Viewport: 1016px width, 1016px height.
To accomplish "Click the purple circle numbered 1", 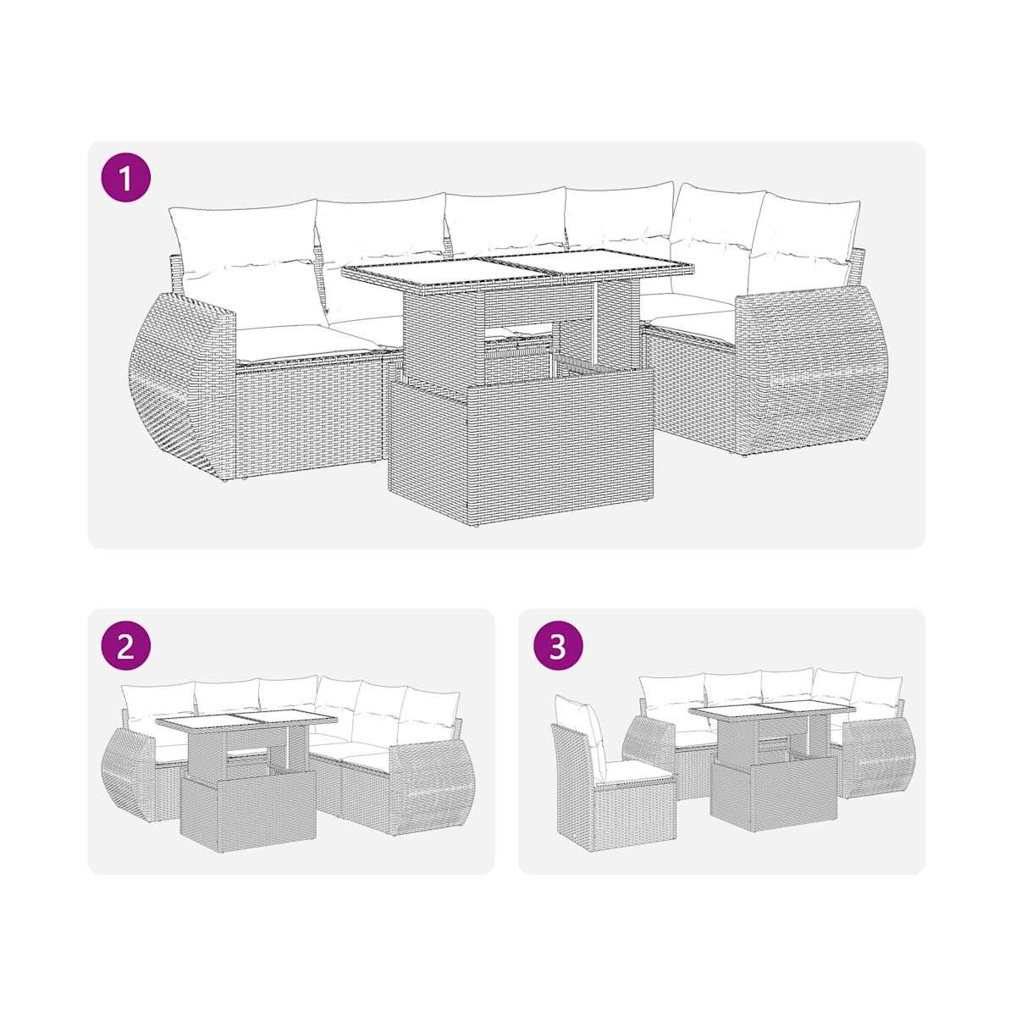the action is coord(126,176).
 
